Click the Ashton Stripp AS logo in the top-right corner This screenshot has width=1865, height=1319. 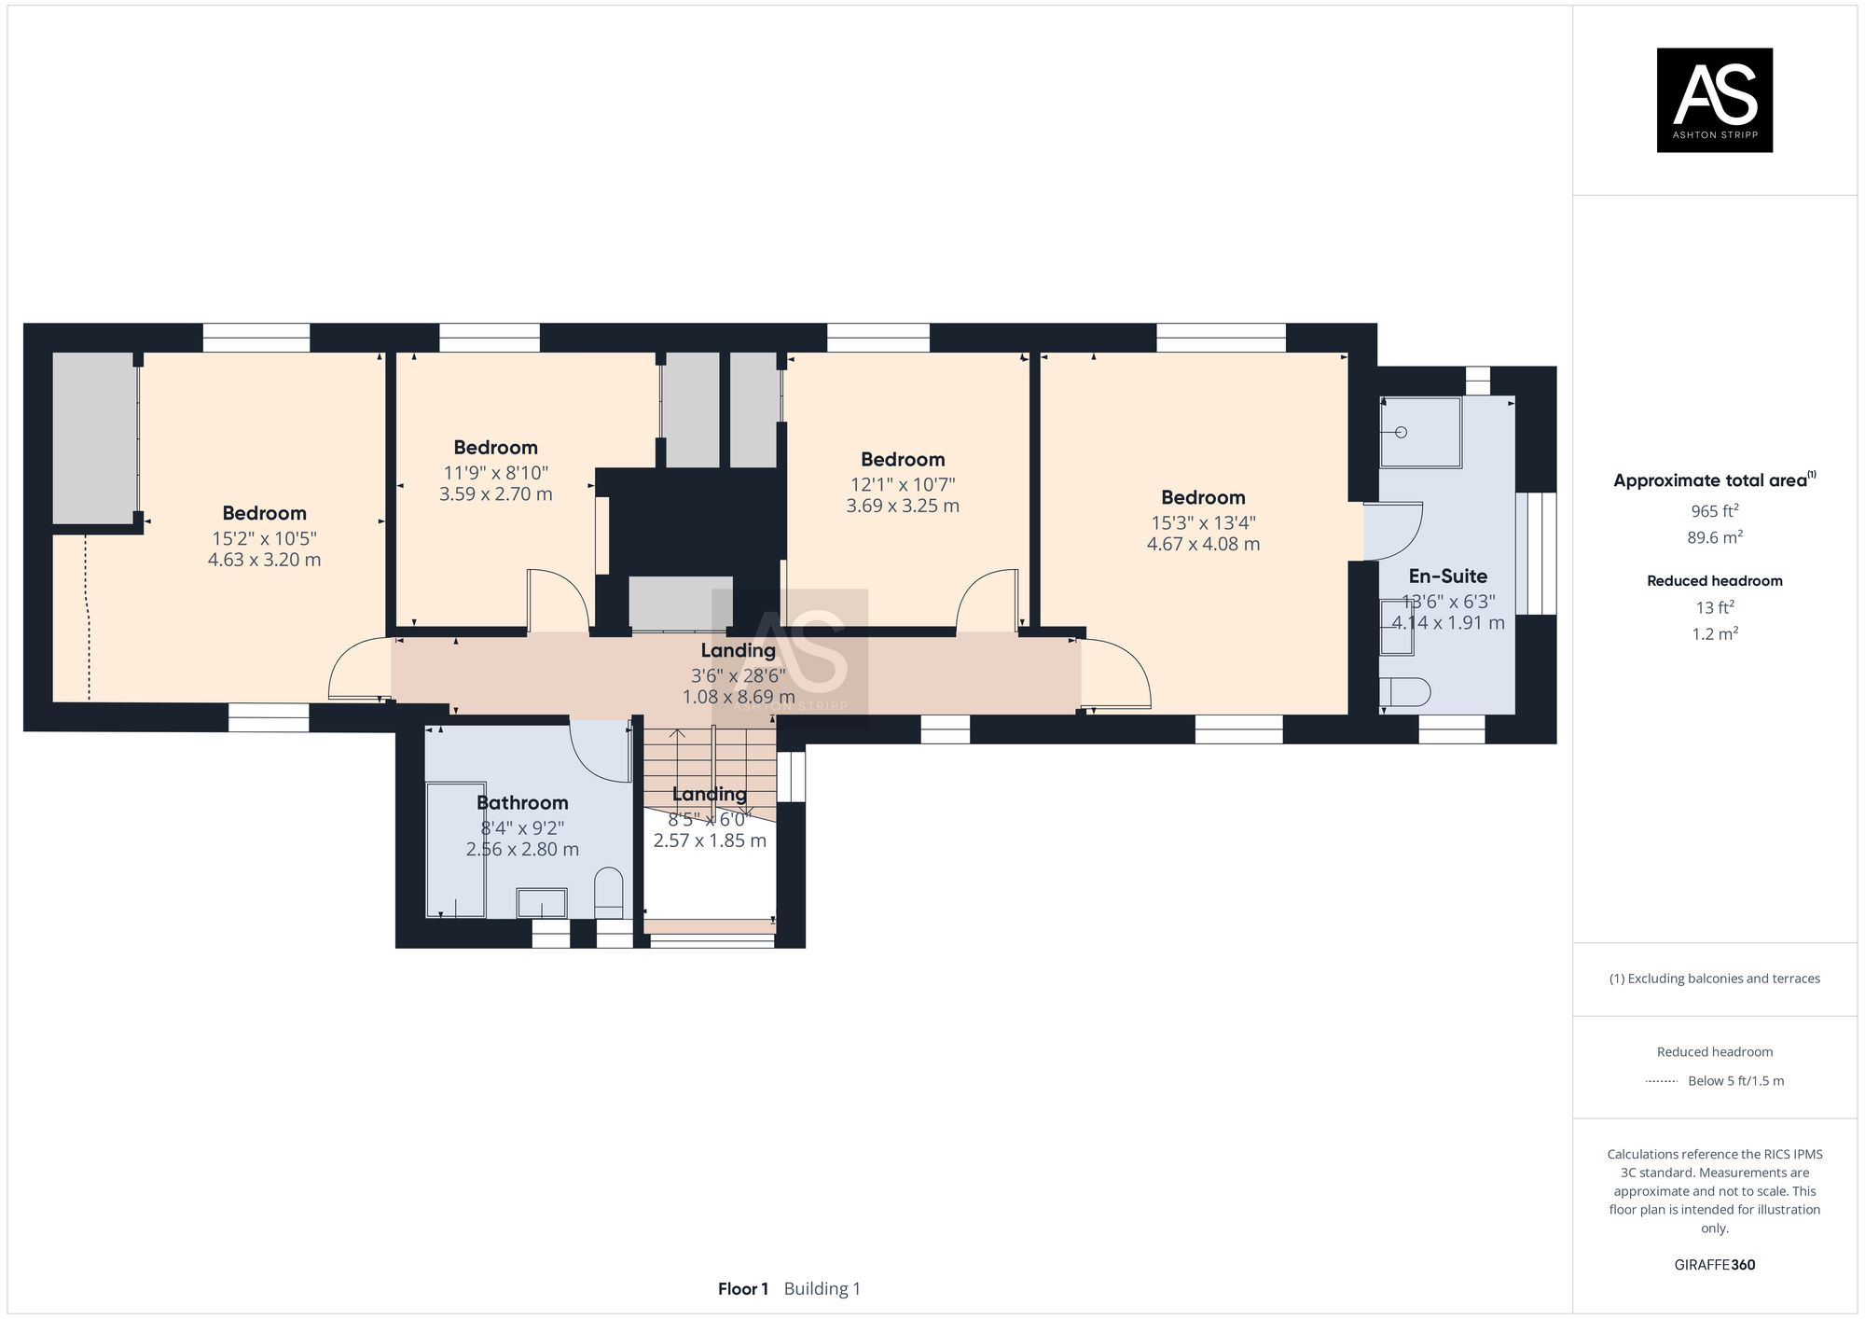click(1714, 100)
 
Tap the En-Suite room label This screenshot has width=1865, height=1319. click(1447, 576)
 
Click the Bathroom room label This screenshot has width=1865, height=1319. click(522, 802)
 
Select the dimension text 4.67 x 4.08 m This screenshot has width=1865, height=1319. click(1203, 544)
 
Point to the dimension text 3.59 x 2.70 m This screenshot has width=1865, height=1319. click(495, 493)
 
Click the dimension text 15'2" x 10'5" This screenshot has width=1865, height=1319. click(264, 538)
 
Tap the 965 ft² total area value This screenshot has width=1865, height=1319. click(1714, 511)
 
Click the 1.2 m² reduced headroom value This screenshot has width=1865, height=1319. click(1714, 634)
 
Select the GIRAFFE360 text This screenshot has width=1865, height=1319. click(1714, 1265)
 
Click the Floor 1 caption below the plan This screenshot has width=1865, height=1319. click(743, 1289)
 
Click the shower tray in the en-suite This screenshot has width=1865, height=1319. click(1420, 432)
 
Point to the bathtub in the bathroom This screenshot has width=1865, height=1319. click(455, 849)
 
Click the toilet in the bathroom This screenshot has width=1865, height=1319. click(608, 891)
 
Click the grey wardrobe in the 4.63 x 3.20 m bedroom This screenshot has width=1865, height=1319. click(93, 438)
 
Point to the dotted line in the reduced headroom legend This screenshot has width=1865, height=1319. click(1662, 1081)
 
